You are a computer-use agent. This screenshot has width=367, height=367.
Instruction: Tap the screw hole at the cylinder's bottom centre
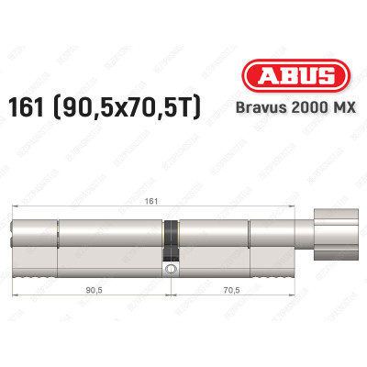(171, 271)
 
